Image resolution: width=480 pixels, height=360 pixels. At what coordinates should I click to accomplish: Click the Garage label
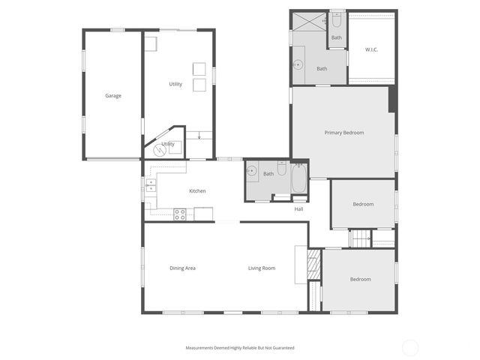coord(113,95)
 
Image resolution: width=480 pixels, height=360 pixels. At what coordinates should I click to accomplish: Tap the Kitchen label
coord(197,191)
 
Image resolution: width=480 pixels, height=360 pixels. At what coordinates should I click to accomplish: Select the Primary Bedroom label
coord(343,133)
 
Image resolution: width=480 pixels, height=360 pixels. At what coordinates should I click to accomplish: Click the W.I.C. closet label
coord(371,49)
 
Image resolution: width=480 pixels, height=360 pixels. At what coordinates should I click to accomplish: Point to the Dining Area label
coord(182,268)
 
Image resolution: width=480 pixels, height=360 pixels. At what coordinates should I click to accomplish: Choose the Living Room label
coord(262,268)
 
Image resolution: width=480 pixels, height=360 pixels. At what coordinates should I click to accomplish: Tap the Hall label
coord(298,208)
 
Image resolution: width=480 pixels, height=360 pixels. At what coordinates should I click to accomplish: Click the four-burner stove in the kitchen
coord(180,214)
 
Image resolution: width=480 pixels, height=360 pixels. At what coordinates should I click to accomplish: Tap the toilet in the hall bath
coord(282,169)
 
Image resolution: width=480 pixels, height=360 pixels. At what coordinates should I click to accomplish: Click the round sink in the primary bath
coord(298,64)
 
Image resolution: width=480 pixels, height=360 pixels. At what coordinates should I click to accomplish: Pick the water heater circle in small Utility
coord(159,150)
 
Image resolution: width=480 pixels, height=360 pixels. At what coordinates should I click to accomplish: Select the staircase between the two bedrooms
coord(361,238)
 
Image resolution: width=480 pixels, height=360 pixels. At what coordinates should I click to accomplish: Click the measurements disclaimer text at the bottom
coord(240,348)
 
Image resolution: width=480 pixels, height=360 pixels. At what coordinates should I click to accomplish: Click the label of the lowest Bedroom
coord(360,280)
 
